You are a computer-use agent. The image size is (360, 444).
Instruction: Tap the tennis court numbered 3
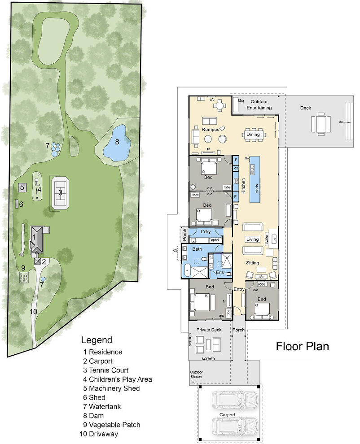(59, 192)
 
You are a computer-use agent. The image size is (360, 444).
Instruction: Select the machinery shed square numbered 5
(21, 187)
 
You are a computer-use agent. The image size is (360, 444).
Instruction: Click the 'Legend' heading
(97, 340)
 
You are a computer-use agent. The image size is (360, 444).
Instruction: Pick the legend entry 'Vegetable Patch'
(114, 424)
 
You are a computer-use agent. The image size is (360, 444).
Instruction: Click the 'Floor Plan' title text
(302, 346)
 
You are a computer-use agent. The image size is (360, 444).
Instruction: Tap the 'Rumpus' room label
(210, 130)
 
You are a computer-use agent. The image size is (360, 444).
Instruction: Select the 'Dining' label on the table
(253, 134)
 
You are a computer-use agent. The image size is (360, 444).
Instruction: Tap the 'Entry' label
(239, 289)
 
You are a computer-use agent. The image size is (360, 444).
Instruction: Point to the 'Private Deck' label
(209, 330)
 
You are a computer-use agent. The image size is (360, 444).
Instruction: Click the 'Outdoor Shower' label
(196, 374)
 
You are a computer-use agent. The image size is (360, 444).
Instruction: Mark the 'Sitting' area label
(253, 263)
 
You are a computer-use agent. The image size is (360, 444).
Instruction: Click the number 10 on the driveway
(33, 312)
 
